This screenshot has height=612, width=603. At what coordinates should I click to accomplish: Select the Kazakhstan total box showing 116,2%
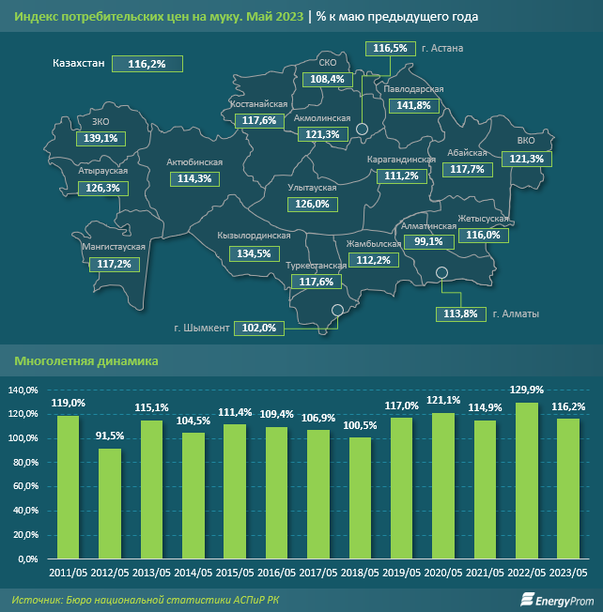(147, 63)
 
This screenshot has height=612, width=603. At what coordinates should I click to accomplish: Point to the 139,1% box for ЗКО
(100, 138)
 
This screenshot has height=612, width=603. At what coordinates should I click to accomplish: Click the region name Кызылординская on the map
(255, 237)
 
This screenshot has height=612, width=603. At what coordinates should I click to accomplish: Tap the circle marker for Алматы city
(442, 273)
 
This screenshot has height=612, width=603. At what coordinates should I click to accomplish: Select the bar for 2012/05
(111, 503)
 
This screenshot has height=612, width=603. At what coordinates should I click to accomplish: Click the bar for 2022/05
(528, 481)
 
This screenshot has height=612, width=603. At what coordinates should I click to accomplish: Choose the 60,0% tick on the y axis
(23, 486)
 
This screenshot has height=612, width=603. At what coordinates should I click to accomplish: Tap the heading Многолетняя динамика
(85, 360)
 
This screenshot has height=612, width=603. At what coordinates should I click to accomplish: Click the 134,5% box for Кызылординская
(255, 253)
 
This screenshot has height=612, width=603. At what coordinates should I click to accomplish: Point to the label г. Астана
(444, 47)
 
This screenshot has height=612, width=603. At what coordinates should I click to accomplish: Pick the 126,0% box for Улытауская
(312, 204)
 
